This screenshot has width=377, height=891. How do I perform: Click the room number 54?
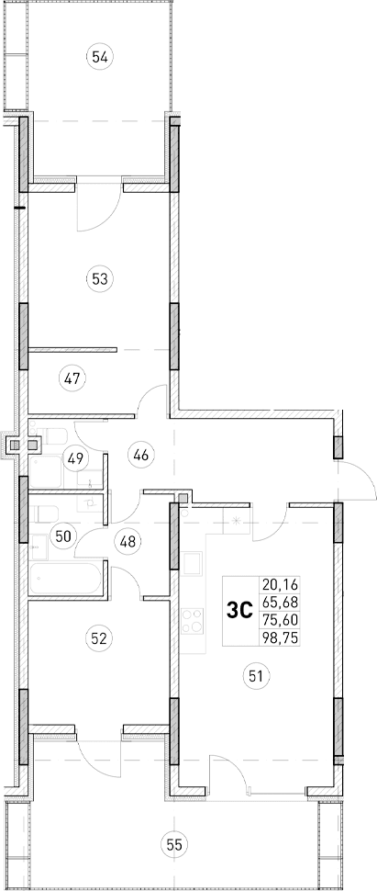point(101,58)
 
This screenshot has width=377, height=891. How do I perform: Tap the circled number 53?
point(100,277)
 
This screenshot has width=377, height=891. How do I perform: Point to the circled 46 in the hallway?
point(140,453)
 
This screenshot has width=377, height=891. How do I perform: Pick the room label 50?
point(62,536)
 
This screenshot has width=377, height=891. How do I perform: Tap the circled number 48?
point(128,541)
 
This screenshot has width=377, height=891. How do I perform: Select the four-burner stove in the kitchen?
point(194,622)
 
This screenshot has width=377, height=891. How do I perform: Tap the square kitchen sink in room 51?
point(194,561)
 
